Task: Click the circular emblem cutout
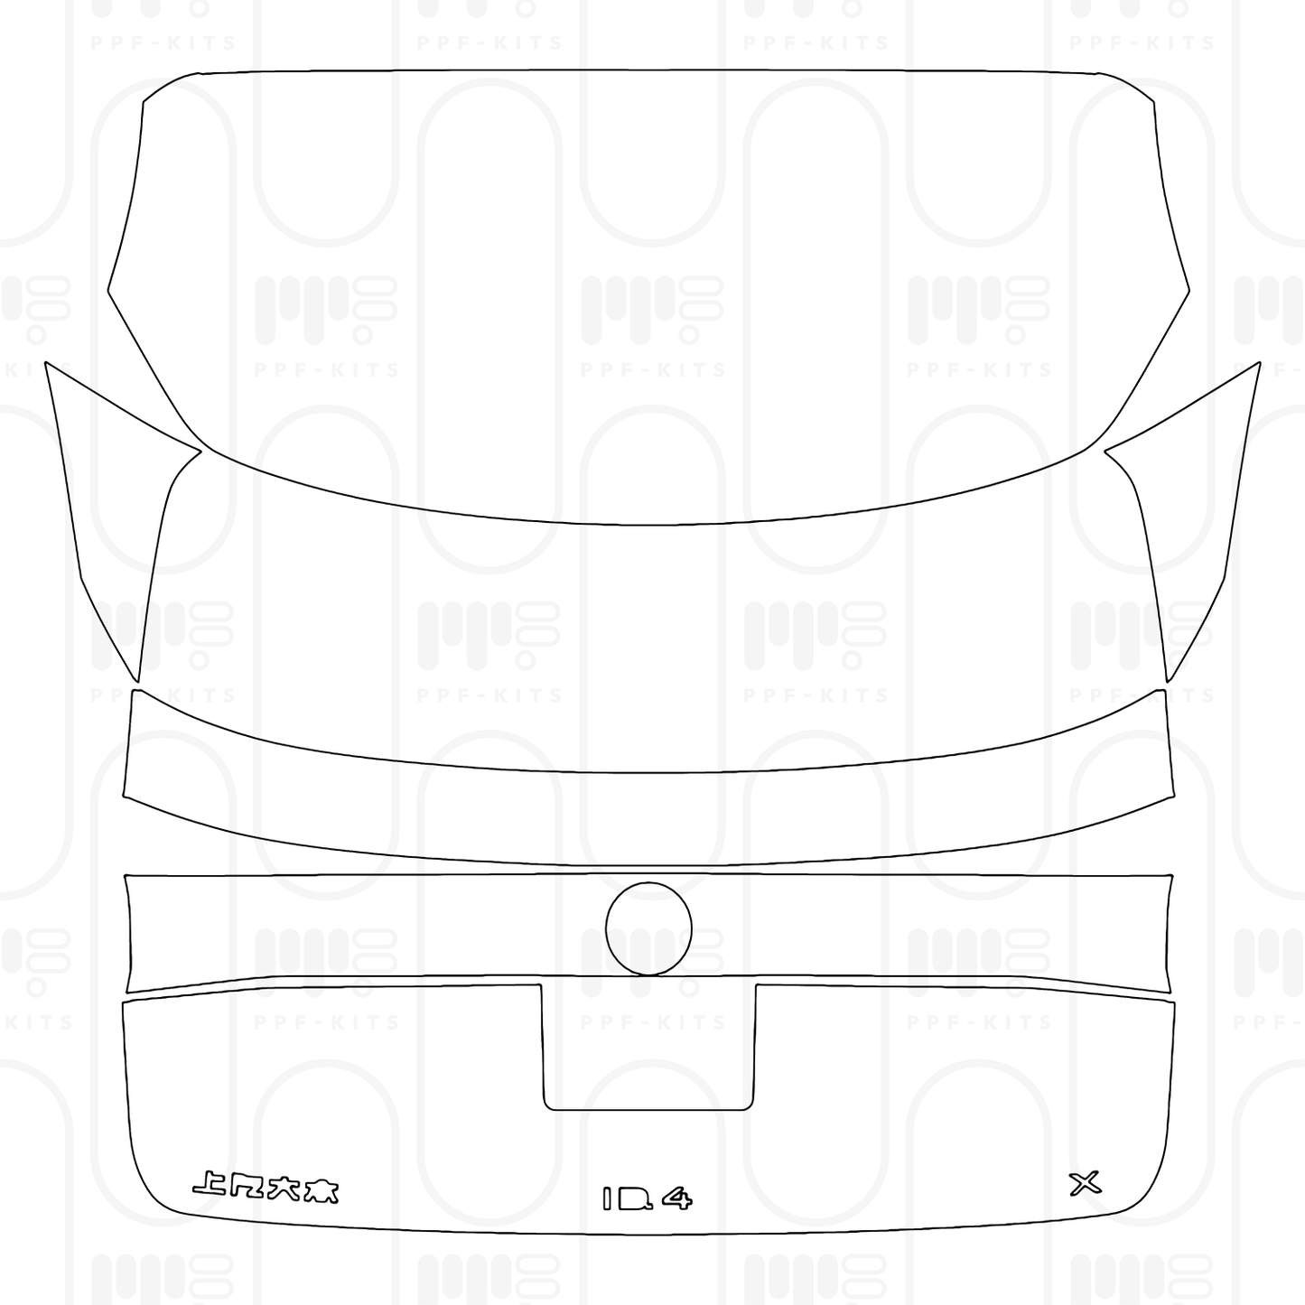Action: click(x=649, y=929)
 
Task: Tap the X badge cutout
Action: click(x=1085, y=1182)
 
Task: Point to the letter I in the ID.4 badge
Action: click(x=609, y=1198)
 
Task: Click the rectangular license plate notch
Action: click(x=648, y=1048)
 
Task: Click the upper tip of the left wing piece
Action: click(x=46, y=363)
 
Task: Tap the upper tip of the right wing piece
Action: click(x=1259, y=363)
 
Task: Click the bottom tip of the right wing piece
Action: click(x=1168, y=682)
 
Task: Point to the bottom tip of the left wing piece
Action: click(x=139, y=682)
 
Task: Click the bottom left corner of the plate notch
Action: click(x=546, y=1107)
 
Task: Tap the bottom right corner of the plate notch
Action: click(x=750, y=1107)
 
